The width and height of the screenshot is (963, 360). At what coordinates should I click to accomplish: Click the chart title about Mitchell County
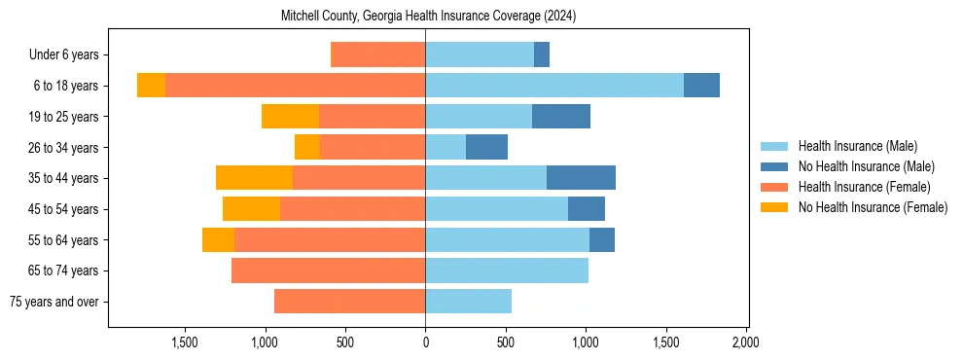[x=428, y=17]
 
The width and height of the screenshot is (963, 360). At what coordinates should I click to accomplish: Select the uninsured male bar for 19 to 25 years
[x=561, y=117]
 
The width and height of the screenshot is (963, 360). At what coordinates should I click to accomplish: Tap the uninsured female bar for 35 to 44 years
[x=254, y=178]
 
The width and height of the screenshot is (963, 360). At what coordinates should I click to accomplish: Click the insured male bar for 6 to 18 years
[x=554, y=86]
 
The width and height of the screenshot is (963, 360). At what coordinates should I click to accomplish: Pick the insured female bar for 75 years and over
[x=349, y=301]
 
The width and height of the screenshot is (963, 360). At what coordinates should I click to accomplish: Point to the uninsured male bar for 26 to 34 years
[x=486, y=147]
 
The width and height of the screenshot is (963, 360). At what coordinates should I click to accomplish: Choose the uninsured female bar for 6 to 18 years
[x=151, y=86]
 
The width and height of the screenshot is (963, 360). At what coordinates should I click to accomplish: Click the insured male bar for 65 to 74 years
[x=507, y=270]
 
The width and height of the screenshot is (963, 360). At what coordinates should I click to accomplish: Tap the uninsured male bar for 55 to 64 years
[x=602, y=239]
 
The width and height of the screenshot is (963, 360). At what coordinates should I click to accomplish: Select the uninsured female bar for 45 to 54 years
[x=251, y=208]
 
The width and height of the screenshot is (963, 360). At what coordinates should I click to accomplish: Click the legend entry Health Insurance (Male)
[x=857, y=146]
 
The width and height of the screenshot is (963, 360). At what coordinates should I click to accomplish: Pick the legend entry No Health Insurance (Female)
[x=873, y=207]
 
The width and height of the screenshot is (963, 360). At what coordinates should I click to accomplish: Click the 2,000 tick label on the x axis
[x=746, y=342]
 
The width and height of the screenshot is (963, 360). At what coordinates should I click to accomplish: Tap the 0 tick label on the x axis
[x=425, y=342]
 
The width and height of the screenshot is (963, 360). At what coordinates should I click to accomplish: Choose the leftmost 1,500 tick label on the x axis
[x=185, y=342]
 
